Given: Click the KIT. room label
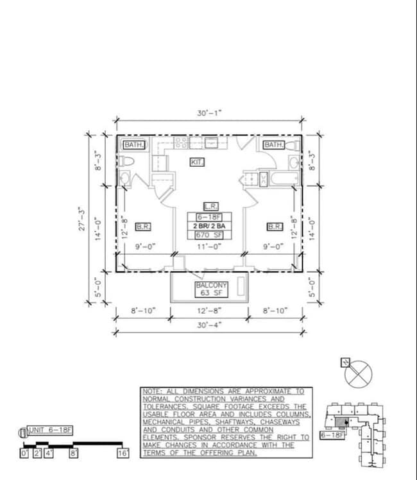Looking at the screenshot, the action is pyautogui.click(x=198, y=162).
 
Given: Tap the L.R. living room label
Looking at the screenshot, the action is pyautogui.click(x=211, y=207).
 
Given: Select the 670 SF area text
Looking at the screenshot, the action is pyautogui.click(x=209, y=235).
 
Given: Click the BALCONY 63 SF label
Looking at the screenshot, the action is pyautogui.click(x=212, y=289).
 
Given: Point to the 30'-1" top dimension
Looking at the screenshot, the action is pyautogui.click(x=209, y=113).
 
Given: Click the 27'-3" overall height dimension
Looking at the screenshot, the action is pyautogui.click(x=82, y=219).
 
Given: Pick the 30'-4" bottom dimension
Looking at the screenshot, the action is pyautogui.click(x=209, y=325).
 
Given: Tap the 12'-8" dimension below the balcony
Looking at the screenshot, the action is pyautogui.click(x=209, y=311).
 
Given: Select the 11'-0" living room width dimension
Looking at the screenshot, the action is pyautogui.click(x=209, y=246).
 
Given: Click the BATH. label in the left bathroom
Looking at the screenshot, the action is pyautogui.click(x=134, y=145).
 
